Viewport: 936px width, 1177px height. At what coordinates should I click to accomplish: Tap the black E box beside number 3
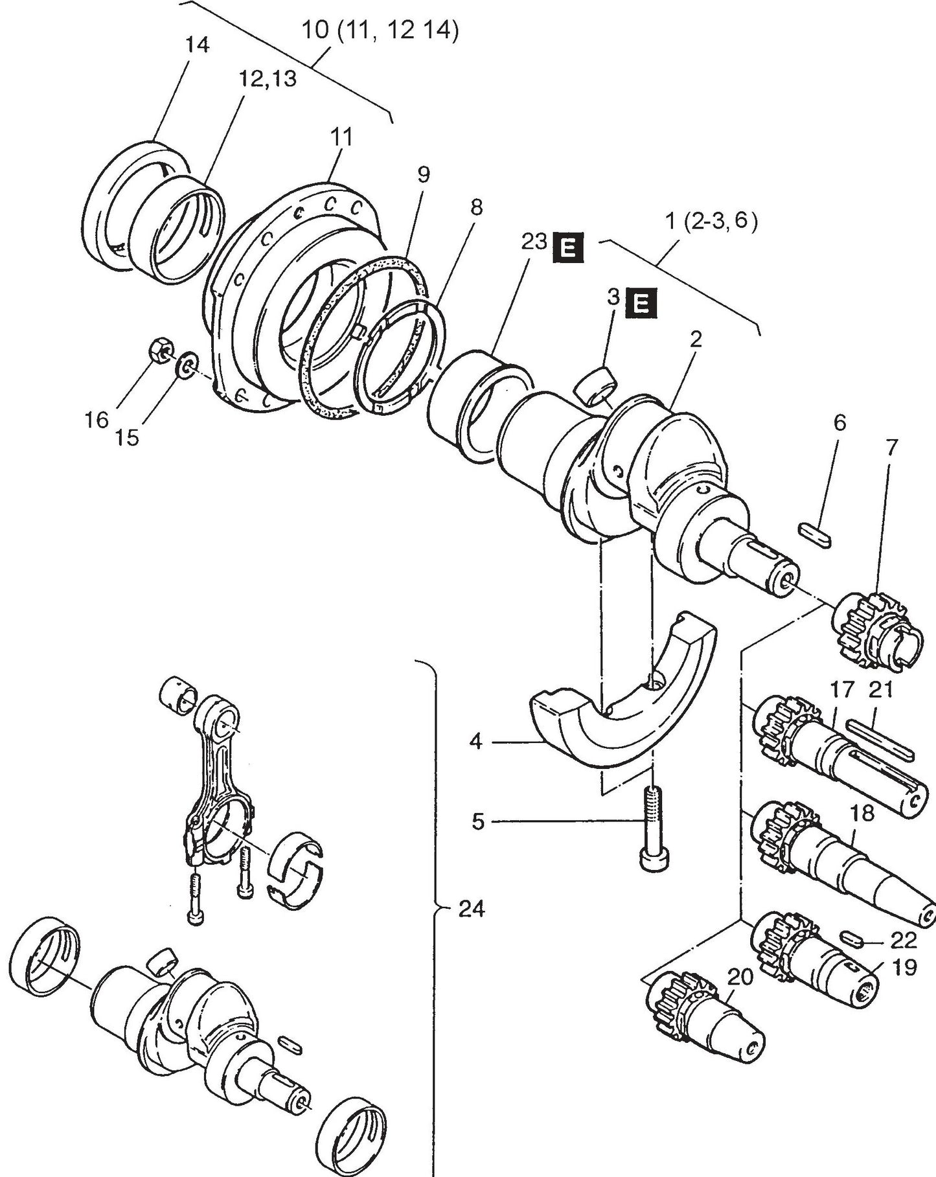point(640,303)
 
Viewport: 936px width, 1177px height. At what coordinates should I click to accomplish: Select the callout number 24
point(471,909)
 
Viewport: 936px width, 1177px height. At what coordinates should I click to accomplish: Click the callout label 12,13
point(268,78)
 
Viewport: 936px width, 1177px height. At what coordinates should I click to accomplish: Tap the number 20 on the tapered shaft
point(740,977)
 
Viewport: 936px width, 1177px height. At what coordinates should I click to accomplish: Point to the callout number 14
point(197,45)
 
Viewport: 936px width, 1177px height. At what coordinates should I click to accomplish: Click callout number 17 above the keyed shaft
point(843,691)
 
